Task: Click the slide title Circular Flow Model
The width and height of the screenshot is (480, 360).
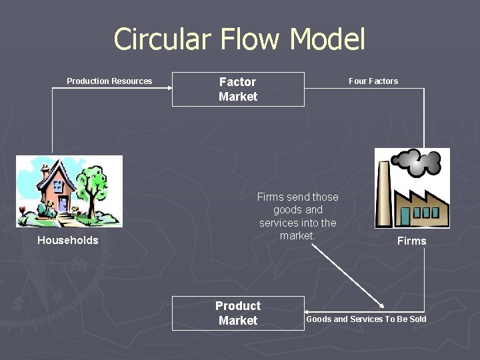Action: point(239,39)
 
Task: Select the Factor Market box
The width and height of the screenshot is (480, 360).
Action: point(238,89)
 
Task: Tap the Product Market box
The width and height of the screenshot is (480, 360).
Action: point(238,313)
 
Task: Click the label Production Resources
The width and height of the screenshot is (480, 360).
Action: point(109,81)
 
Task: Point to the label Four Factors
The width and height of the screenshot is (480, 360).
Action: point(373,81)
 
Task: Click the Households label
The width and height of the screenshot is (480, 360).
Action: point(67,241)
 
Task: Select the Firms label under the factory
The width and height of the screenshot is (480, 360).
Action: point(411,241)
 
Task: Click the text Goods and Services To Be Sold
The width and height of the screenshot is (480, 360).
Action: point(366,319)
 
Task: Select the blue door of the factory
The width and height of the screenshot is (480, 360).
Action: point(405,216)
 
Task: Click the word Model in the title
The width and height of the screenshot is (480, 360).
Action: point(328,39)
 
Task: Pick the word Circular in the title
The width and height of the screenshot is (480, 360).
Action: point(158,39)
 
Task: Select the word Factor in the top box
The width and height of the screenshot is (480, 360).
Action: point(238,82)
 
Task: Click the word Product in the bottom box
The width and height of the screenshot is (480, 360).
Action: point(238,306)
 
